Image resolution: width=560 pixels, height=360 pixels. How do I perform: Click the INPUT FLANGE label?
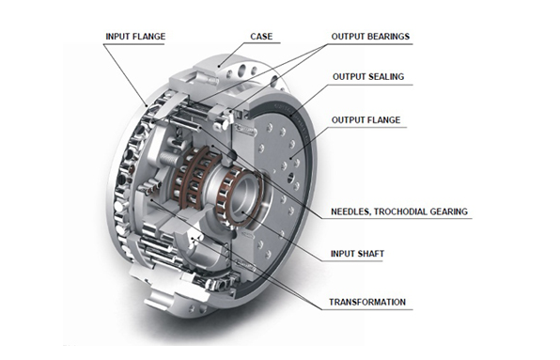[135, 37]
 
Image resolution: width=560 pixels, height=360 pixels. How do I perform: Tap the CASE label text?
[261, 37]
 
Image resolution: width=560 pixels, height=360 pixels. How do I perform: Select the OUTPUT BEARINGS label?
[370, 37]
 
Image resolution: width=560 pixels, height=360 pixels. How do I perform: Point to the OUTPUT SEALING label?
[368, 77]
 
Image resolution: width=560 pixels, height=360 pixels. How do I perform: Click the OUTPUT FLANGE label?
[366, 120]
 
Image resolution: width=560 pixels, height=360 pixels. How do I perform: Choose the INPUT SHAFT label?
[357, 254]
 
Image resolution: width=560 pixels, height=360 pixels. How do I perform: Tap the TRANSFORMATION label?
[367, 302]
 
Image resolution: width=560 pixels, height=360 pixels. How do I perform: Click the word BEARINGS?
[389, 37]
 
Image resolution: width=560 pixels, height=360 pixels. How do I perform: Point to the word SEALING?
[387, 77]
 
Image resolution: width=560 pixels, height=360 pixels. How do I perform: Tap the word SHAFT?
[370, 254]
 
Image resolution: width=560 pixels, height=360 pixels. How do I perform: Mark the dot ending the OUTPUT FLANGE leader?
[291, 158]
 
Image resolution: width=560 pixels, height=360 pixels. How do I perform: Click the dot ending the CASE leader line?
[220, 66]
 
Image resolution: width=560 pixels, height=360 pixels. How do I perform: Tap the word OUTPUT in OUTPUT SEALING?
[350, 77]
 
